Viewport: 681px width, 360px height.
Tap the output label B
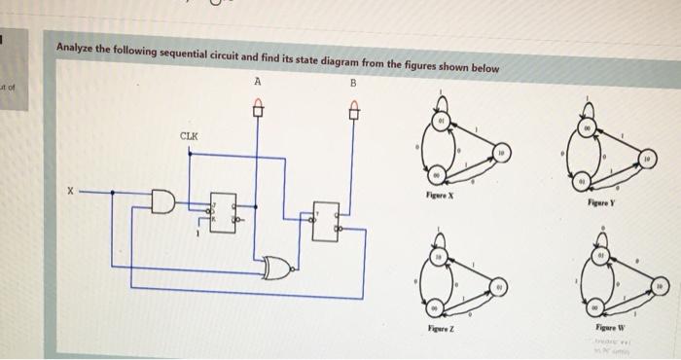[x=354, y=85]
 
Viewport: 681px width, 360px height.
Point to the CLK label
[x=190, y=135]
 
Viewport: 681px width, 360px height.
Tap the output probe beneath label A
[x=258, y=110]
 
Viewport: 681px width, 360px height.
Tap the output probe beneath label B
[x=355, y=111]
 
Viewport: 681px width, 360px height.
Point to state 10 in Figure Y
[x=648, y=156]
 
